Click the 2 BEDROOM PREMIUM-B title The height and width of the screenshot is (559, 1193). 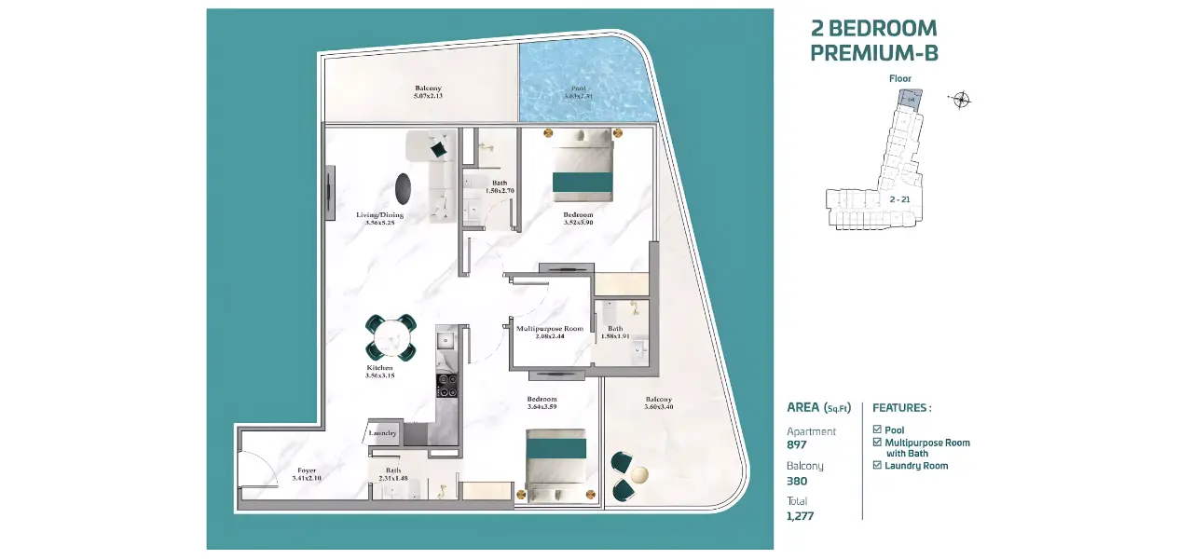point(873,41)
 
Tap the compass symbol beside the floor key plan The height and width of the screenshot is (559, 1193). point(961,100)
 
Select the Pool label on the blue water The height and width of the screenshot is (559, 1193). point(578,92)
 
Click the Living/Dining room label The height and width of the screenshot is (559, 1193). point(379,219)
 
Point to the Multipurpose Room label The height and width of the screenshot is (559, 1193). point(550,332)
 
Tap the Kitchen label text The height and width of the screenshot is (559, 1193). point(379,372)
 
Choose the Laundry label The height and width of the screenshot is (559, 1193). point(383,433)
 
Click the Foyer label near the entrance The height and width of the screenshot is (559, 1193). point(306,474)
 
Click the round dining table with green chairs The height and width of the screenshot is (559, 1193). point(391,337)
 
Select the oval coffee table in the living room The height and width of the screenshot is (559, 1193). point(403,188)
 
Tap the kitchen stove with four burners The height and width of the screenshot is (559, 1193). point(446,385)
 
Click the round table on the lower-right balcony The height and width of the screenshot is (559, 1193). point(638,475)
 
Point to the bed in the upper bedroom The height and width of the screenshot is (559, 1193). point(582,167)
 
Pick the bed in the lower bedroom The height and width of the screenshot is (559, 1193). point(556,465)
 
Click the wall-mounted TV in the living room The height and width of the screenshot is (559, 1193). point(330,193)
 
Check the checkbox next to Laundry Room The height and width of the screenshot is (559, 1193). point(877,465)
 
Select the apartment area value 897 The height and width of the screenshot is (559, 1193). point(796,445)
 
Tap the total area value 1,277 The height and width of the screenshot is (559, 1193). point(800,515)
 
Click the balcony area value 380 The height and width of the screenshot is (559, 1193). point(796,481)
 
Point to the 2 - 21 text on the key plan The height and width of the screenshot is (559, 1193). point(899,199)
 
